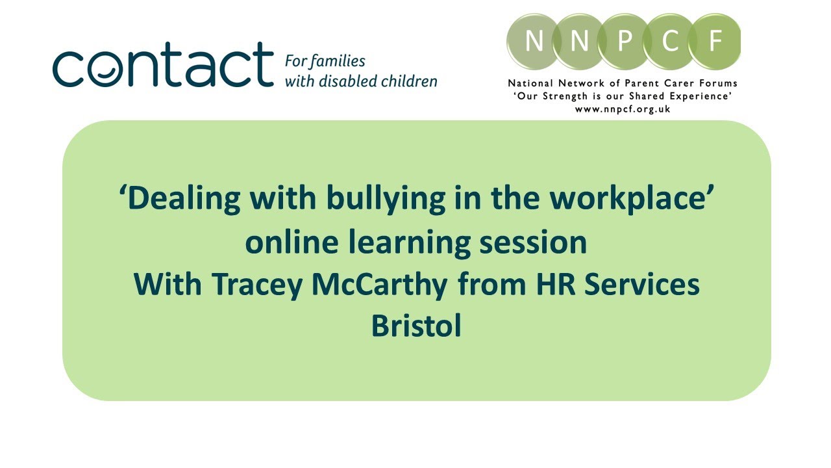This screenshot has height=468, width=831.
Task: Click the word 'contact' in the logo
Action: (163, 65)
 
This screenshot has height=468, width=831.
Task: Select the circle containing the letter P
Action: (624, 42)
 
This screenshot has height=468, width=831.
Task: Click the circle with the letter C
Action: (669, 42)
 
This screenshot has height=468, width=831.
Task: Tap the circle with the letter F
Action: (715, 42)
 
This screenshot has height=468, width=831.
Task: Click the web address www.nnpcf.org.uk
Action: (623, 109)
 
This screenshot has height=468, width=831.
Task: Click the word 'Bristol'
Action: (416, 326)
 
